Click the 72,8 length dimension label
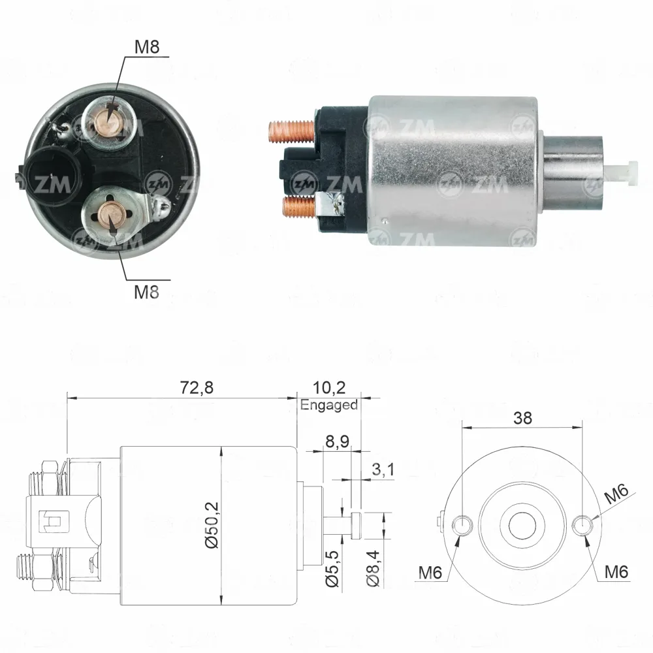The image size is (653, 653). pyautogui.click(x=197, y=387)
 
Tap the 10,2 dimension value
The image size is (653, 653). pyautogui.click(x=329, y=388)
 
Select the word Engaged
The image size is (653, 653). pyautogui.click(x=329, y=405)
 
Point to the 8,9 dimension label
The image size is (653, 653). pyautogui.click(x=338, y=441)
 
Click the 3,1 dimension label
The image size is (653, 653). pyautogui.click(x=383, y=470)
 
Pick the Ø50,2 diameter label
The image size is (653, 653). pyautogui.click(x=212, y=525)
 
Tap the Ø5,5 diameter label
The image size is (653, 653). pyautogui.click(x=332, y=568)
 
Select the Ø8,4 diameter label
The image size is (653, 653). pyautogui.click(x=373, y=568)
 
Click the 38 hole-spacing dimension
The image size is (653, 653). pyautogui.click(x=522, y=418)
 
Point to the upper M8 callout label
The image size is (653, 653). pyautogui.click(x=147, y=47)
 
